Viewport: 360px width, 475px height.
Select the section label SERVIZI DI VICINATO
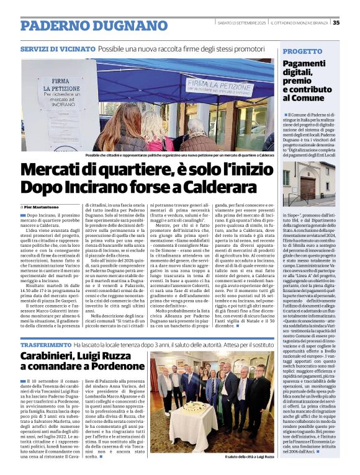tap(57, 48)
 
